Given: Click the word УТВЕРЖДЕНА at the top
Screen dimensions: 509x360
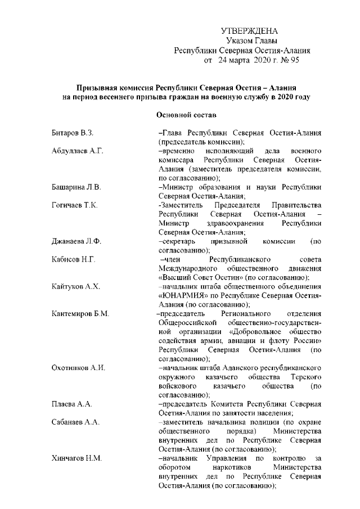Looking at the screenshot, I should click(249, 30).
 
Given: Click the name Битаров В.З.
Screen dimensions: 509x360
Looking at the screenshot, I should click(71, 133).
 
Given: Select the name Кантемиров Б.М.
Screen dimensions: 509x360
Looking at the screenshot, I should click(79, 313).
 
